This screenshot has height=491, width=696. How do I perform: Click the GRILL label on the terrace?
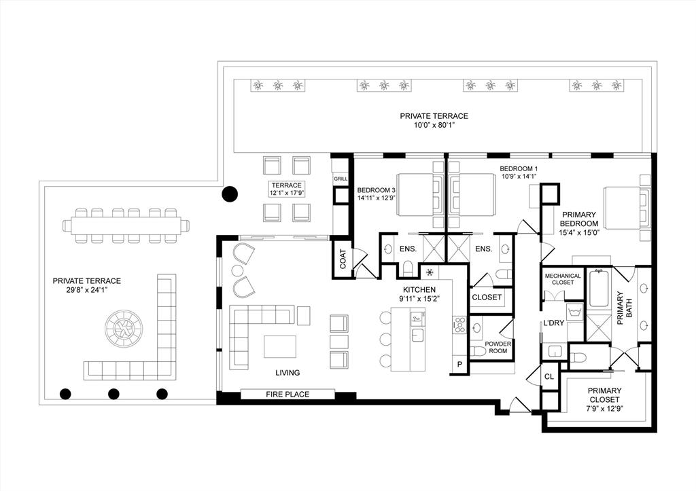coord(341,179)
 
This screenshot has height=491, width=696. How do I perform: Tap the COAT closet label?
coord(343,259)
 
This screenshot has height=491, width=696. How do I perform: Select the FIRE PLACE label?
coord(288,394)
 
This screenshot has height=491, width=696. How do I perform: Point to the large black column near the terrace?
coord(230,194)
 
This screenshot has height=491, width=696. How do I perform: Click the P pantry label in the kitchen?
coord(460,365)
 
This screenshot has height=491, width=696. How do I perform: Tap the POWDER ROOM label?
coord(498,347)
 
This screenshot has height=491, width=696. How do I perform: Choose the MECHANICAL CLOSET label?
coord(563,278)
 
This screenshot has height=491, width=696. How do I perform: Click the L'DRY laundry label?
coord(553,323)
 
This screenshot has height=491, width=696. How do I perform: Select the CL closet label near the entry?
coord(549,376)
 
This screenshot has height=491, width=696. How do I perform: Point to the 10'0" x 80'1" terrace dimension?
coord(434,126)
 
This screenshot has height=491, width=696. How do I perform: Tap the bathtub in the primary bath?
coord(599,289)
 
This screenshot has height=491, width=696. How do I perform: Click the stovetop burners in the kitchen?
coord(459,325)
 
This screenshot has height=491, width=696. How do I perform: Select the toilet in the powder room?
coord(478,352)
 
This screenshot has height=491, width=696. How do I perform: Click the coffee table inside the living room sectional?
coord(280,346)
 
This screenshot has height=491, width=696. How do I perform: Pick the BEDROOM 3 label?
coord(376,190)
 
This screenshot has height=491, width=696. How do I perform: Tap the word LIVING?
coord(288,373)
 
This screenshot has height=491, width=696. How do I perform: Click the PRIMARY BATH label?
coord(625,308)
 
